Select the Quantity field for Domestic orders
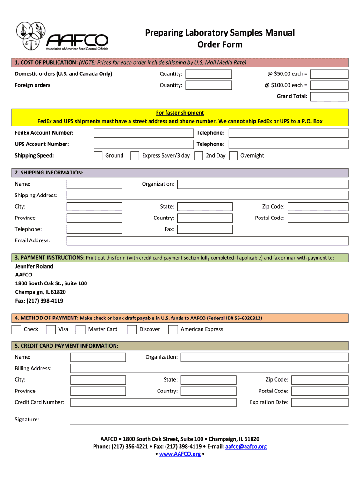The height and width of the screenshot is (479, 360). click(208, 74)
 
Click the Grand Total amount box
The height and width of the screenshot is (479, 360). click(329, 96)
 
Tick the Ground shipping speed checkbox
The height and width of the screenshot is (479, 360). click(98, 156)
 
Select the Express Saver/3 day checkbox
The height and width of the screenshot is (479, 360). click(135, 156)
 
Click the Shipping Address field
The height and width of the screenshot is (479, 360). click(208, 196)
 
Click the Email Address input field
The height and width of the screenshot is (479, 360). click(208, 240)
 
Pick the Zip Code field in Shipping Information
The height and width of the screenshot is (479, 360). click(318, 207)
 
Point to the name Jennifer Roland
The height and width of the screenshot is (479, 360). click(34, 266)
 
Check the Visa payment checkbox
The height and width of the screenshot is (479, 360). click(50, 330)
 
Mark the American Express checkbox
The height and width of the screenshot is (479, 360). click(173, 330)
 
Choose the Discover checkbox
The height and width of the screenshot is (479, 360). click(132, 330)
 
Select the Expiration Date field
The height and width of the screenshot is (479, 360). click(320, 402)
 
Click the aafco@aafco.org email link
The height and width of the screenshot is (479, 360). click(246, 446)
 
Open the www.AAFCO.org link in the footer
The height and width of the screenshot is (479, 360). click(180, 454)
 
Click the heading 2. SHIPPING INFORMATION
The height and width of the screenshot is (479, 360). click(49, 173)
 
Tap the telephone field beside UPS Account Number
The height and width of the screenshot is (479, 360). click(288, 145)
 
